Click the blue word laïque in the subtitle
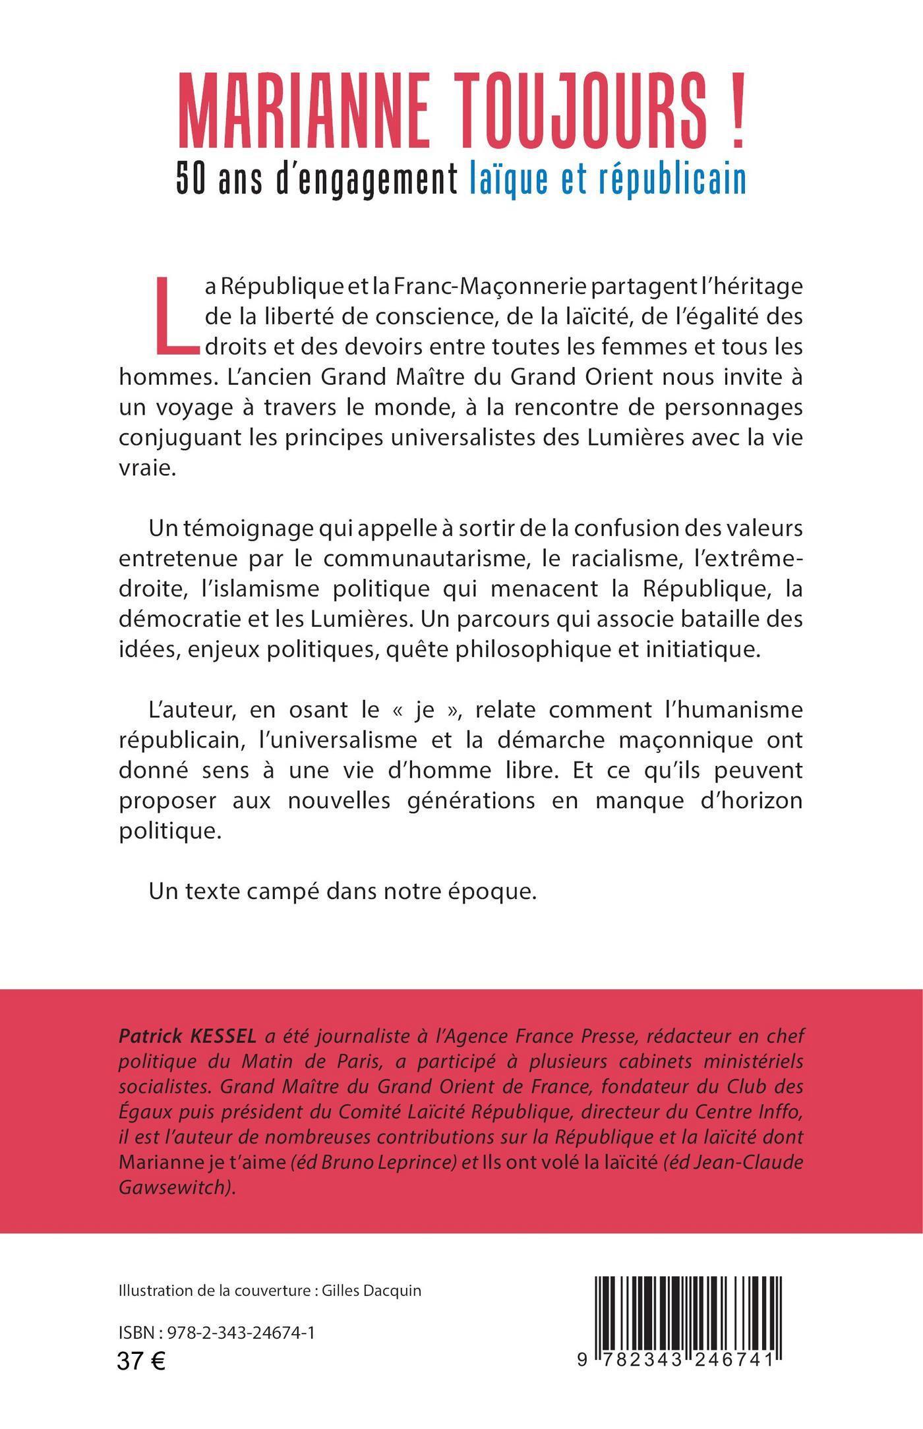point(508,179)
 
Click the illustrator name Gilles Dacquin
point(371,1291)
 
